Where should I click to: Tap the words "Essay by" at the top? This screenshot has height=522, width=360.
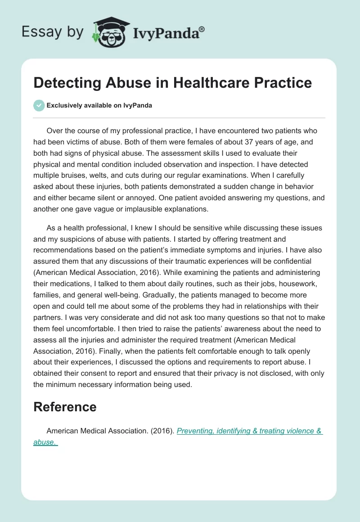[x=52, y=32]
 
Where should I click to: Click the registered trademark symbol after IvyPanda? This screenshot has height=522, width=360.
[x=202, y=29]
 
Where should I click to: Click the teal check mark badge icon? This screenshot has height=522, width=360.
[x=39, y=105]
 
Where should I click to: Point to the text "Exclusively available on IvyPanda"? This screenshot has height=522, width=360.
[x=99, y=105]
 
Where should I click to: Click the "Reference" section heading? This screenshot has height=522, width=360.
[x=65, y=407]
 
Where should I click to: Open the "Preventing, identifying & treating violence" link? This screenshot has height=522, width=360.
[x=249, y=431]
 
